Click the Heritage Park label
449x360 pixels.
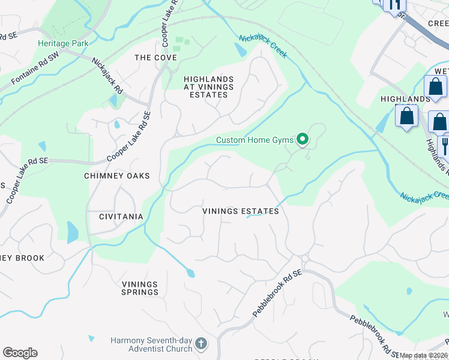pyautogui.click(x=63, y=43)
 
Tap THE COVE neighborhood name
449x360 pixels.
pyautogui.click(x=155, y=58)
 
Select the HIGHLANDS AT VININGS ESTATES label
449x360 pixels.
pyautogui.click(x=208, y=86)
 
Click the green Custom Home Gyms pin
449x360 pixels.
pyautogui.click(x=303, y=140)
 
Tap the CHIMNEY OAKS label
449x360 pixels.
pyautogui.click(x=117, y=176)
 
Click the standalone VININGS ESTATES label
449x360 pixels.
pyautogui.click(x=240, y=211)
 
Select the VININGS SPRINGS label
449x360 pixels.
pyautogui.click(x=140, y=288)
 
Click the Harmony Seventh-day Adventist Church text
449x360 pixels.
pyautogui.click(x=151, y=344)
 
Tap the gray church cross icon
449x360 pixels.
pyautogui.click(x=201, y=344)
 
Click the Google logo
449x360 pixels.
pyautogui.click(x=20, y=353)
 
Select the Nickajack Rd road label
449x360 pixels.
pyautogui.click(x=107, y=74)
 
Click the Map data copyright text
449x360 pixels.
pyautogui.click(x=423, y=355)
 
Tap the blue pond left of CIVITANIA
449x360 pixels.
pyautogui.click(x=73, y=232)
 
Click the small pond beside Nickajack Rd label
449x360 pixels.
pyautogui.click(x=113, y=100)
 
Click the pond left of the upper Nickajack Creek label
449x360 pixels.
pyautogui.click(x=241, y=51)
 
